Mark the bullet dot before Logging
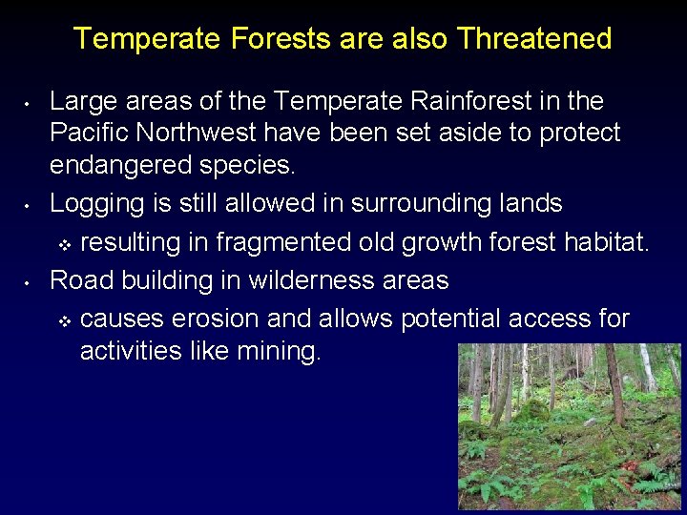(x=31, y=205)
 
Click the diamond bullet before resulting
(x=65, y=245)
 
